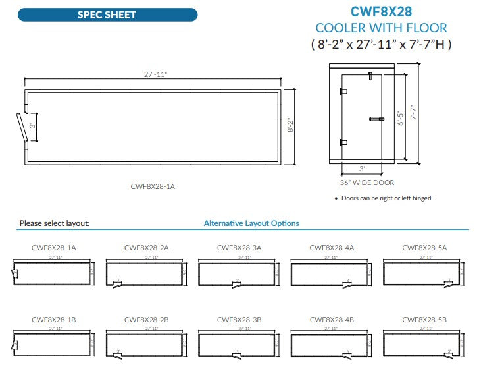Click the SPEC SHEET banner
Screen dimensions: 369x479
tap(107, 14)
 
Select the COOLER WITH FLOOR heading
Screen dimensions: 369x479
tap(381, 28)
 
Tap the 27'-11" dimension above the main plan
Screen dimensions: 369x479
tap(156, 75)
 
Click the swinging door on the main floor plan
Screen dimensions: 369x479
tap(21, 126)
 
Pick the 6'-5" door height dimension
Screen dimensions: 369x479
tap(401, 117)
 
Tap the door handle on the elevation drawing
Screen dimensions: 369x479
tap(376, 119)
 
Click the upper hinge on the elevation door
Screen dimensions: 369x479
tap(343, 92)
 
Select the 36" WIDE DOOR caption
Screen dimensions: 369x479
tap(366, 183)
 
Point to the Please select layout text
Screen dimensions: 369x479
tap(55, 223)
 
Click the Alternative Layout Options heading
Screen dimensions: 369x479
tap(251, 223)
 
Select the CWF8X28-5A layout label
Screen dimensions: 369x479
tap(424, 248)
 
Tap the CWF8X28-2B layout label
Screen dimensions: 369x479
tap(146, 320)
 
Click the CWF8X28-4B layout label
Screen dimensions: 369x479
tap(332, 320)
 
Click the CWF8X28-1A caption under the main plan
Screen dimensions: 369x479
tap(153, 186)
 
